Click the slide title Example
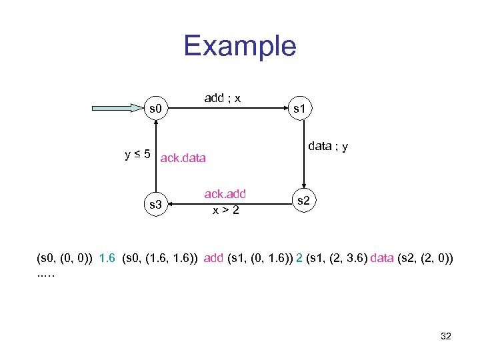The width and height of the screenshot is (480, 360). coord(239,45)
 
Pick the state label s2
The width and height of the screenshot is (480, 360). coord(303,199)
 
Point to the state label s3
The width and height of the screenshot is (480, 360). coord(155,204)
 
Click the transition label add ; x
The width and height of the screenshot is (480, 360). coord(223,98)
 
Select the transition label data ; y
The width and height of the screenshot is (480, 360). coord(327,147)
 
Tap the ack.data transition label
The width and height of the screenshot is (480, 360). coord(183,159)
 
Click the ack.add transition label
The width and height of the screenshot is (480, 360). coord(225,194)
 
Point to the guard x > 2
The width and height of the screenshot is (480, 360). coord(225,209)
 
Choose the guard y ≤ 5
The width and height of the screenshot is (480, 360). coord(138,155)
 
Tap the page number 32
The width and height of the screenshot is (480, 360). coord(446,337)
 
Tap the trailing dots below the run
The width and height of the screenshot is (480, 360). coord(47,272)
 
